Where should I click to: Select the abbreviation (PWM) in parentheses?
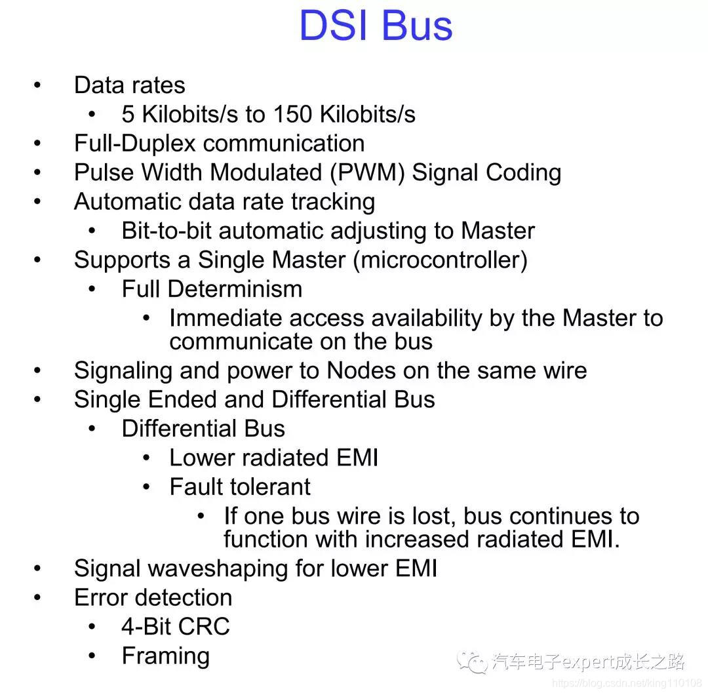tap(368, 173)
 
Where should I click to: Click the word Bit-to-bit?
tap(167, 230)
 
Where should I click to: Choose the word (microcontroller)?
tap(441, 260)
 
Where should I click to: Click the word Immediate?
tap(226, 318)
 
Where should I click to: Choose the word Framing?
tap(166, 656)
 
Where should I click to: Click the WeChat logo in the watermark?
tap(472, 662)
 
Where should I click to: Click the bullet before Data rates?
tap(37, 85)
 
